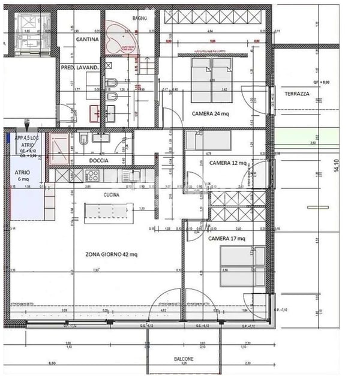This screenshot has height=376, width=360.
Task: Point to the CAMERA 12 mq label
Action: (227, 163)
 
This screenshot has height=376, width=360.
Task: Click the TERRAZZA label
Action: (297, 94)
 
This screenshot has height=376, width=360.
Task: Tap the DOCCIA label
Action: (99, 161)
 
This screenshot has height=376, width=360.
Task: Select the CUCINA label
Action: (111, 195)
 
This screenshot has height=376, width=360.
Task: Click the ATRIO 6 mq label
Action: (26, 175)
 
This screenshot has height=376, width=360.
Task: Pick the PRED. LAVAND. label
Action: (79, 68)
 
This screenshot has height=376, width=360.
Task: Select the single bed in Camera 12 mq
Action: (207, 140)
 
